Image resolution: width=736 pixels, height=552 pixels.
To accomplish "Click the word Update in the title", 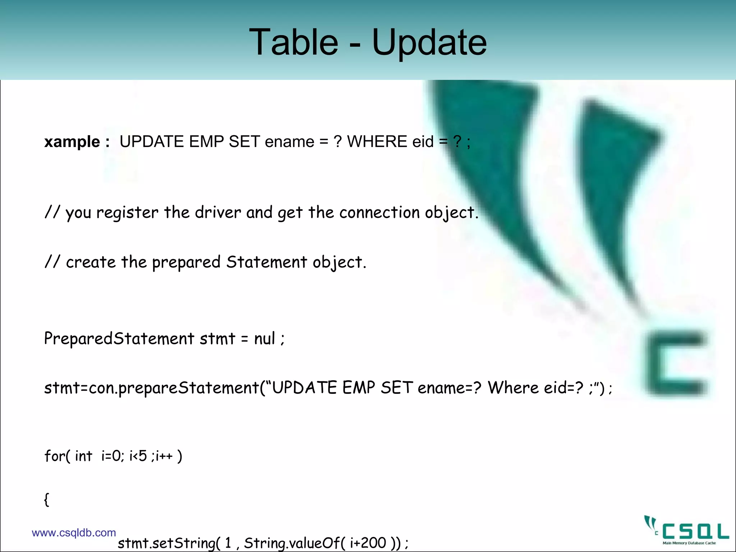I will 429,42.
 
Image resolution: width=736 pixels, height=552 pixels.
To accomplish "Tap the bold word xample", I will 72,142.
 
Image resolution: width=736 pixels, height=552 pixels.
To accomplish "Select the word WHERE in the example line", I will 377,142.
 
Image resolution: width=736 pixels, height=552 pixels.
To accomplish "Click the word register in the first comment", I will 127,213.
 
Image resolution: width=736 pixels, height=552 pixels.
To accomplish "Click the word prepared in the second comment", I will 186,262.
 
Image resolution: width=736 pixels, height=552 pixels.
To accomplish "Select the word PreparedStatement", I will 119,339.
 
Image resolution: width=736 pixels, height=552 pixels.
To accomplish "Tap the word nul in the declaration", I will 264,339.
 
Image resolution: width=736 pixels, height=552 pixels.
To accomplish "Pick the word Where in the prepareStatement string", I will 513,388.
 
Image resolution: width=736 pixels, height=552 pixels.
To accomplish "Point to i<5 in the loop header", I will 138,456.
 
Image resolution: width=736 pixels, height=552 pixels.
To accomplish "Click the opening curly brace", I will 46,500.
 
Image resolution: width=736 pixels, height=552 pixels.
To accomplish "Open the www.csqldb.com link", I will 74,533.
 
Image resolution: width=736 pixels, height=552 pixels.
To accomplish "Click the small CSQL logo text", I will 695,531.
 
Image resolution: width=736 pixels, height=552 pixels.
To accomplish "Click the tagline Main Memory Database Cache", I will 689,543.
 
